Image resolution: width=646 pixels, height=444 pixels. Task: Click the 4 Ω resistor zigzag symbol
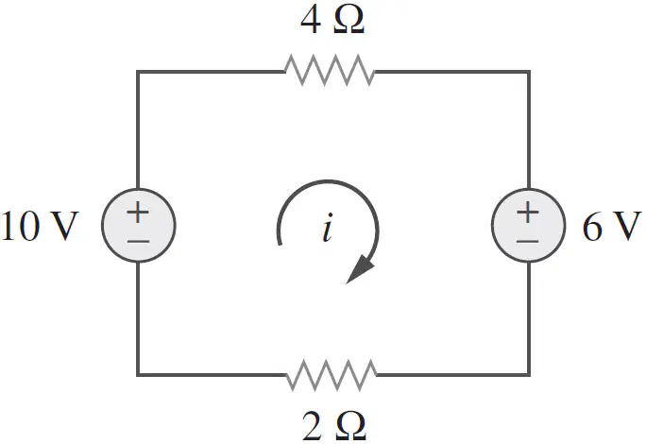tap(330, 70)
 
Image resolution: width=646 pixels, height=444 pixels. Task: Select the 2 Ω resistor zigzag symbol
tap(331, 375)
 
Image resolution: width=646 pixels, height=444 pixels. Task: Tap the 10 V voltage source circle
tap(139, 225)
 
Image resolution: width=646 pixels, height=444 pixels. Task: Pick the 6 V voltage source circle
tap(528, 225)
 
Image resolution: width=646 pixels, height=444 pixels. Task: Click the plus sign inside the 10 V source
tap(138, 212)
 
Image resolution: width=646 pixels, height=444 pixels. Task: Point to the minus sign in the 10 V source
tap(138, 241)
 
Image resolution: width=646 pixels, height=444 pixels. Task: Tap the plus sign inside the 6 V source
tap(528, 212)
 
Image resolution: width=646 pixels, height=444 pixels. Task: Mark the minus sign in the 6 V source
tap(528, 241)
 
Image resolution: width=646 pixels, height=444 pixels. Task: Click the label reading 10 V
tap(40, 226)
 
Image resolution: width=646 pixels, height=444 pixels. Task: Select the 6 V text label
tap(612, 226)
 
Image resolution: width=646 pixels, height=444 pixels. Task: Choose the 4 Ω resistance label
tap(332, 20)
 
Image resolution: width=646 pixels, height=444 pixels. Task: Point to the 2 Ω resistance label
tap(333, 426)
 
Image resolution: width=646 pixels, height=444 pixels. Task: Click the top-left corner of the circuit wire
tap(138, 72)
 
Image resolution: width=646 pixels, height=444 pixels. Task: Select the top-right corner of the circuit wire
tap(529, 72)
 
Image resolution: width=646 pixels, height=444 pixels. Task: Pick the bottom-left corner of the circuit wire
tap(138, 374)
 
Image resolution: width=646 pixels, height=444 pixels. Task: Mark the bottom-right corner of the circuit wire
tap(529, 374)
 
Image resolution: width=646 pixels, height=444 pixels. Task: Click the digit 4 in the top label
tap(310, 20)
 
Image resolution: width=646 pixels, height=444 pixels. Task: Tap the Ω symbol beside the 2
tap(351, 426)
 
